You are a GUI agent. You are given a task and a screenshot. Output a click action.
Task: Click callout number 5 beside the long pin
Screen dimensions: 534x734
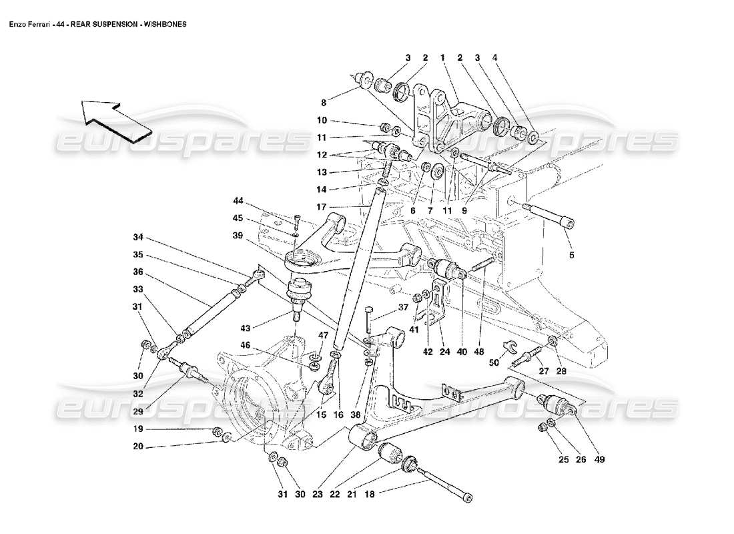pyautogui.click(x=571, y=254)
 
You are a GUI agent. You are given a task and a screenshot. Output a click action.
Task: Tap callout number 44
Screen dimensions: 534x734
pyautogui.click(x=238, y=200)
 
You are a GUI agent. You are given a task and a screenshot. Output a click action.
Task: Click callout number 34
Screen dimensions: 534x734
pyautogui.click(x=138, y=236)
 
